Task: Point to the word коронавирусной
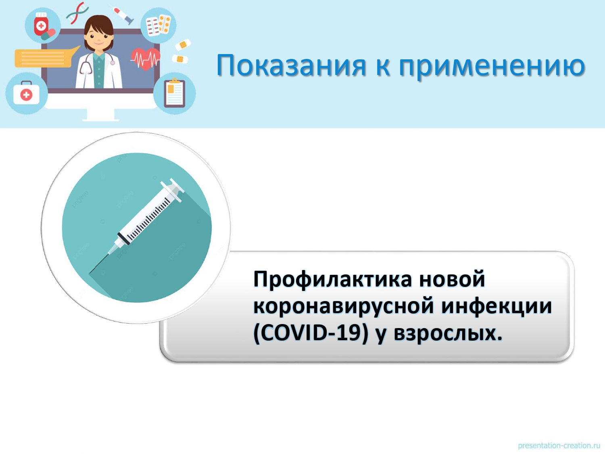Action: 344,307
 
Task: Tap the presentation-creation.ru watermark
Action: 559,446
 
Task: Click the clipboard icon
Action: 175,93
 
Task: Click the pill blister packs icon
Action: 158,25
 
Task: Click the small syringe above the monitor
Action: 123,16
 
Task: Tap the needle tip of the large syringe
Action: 89,274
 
